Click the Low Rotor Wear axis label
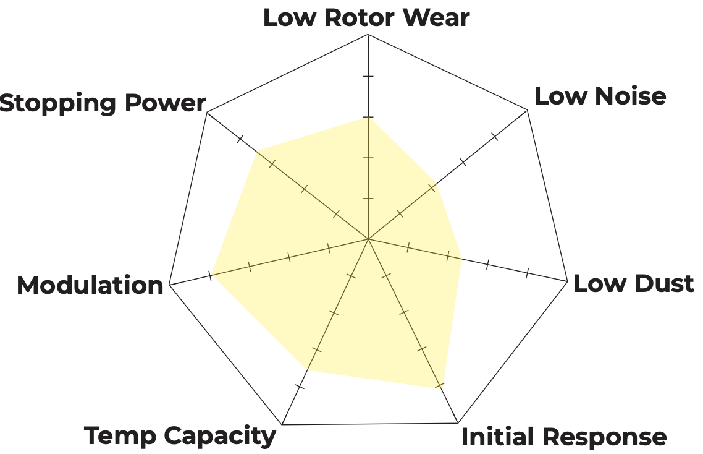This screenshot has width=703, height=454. click(366, 17)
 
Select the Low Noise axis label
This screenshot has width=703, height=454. click(600, 96)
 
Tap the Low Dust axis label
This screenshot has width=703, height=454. click(633, 283)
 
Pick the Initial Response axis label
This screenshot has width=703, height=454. click(564, 437)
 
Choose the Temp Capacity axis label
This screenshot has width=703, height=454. click(180, 435)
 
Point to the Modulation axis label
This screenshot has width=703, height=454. click(90, 285)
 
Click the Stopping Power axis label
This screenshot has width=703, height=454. click(103, 103)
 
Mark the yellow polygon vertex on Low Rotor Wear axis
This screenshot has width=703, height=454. click(368, 118)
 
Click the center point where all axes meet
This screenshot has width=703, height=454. click(368, 239)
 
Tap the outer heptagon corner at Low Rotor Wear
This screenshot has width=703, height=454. click(368, 35)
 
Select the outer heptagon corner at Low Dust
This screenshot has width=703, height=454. click(567, 281)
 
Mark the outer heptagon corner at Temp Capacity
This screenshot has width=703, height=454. click(282, 424)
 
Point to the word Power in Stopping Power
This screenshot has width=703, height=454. click(166, 103)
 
